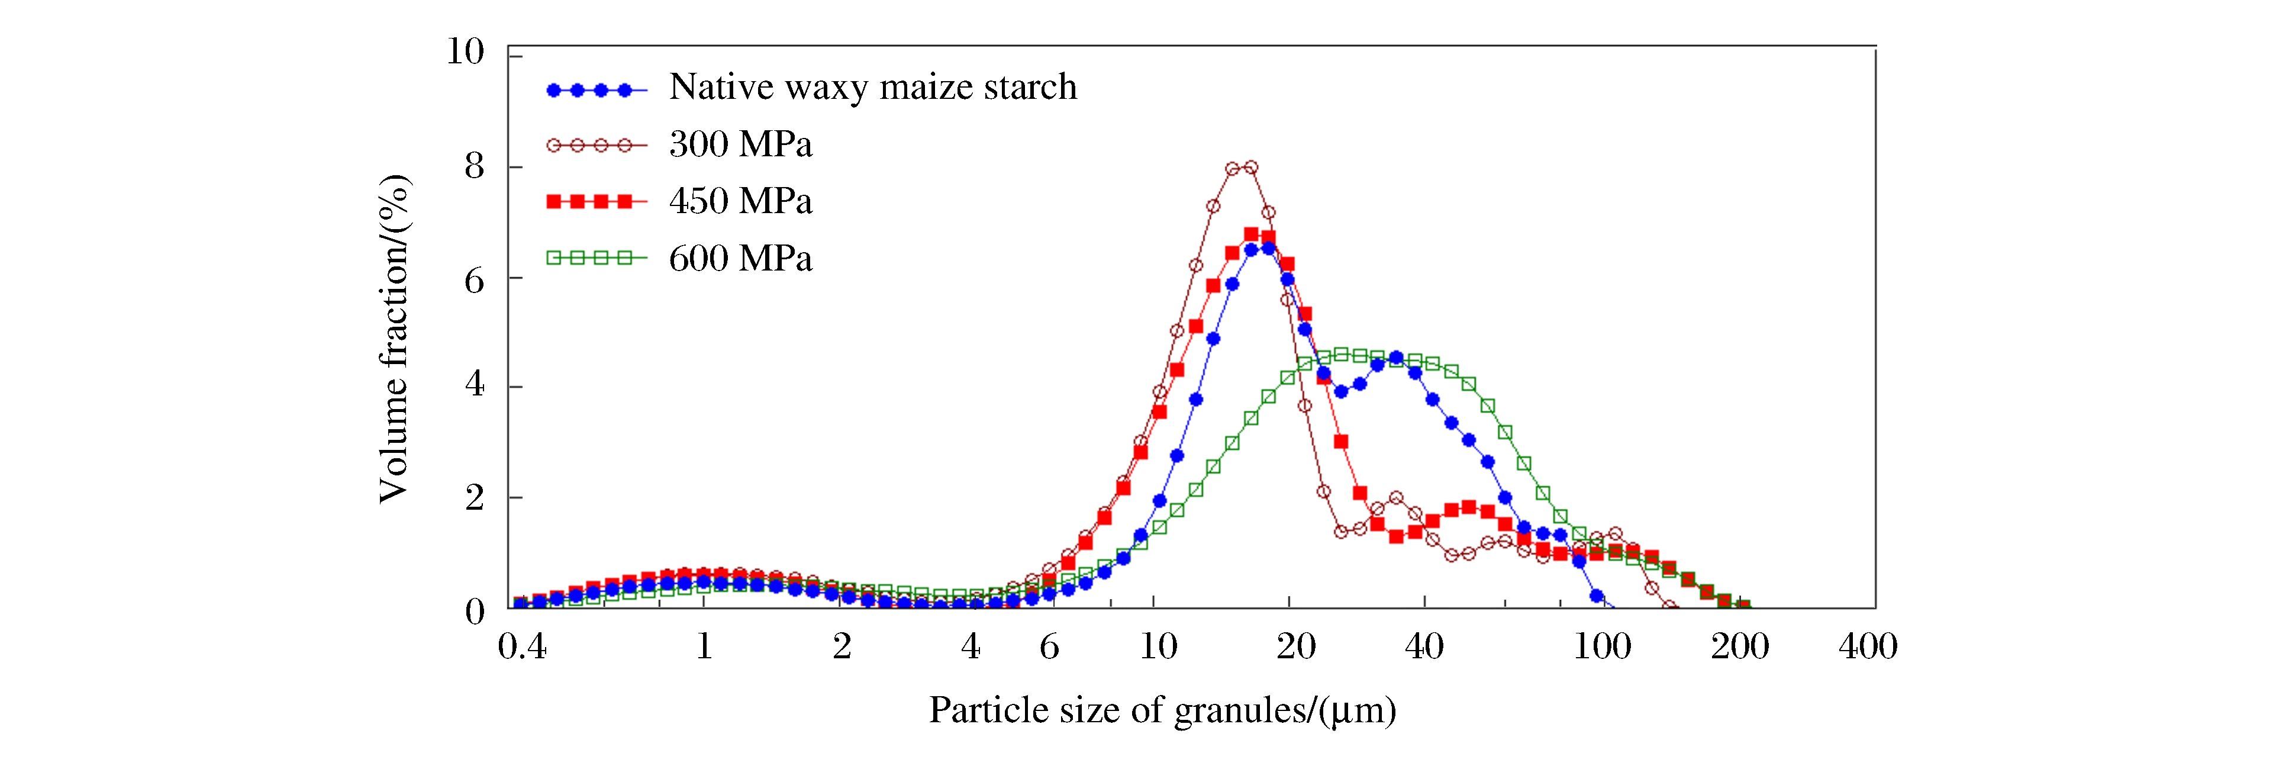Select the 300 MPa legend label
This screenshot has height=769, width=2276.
740,144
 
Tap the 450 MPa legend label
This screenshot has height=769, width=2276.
740,201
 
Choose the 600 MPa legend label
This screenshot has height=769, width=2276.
740,259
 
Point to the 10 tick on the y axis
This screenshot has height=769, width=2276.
466,52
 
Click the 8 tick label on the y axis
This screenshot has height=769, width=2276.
475,166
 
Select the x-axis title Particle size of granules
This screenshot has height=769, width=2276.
1162,710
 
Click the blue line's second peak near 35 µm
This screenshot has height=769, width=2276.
1396,358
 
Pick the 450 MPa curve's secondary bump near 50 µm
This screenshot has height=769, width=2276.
1468,507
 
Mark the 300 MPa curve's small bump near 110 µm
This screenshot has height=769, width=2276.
1615,534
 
